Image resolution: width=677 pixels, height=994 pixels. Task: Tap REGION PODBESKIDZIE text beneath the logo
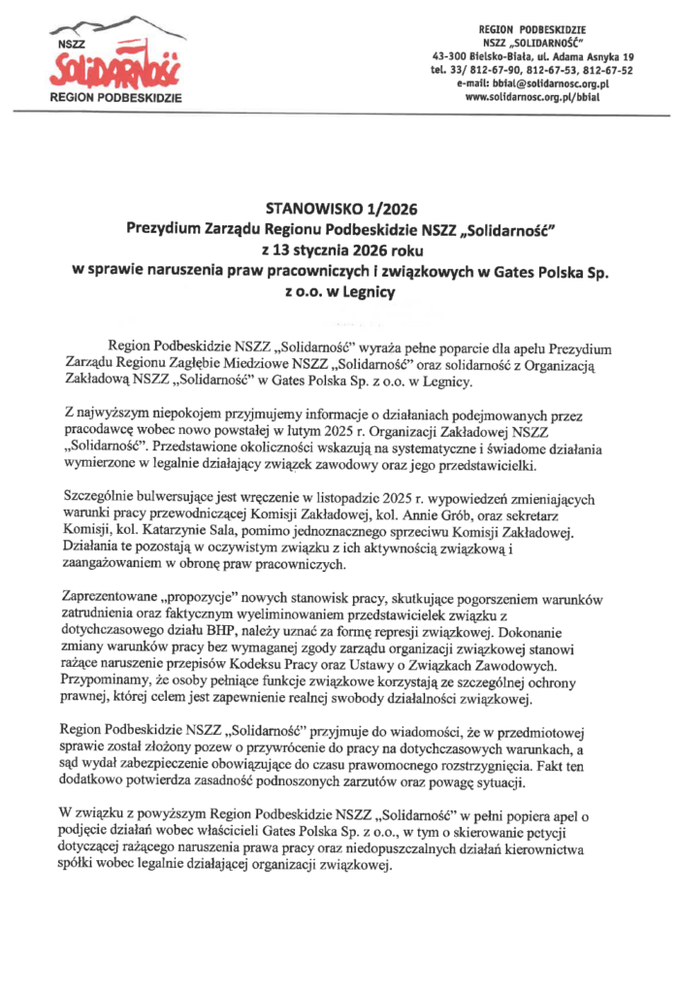point(118,99)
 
